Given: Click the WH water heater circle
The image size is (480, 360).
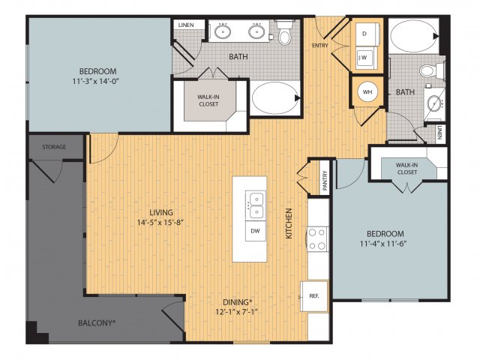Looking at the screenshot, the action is coord(367,91).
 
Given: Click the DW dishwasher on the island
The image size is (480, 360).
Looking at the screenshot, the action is coord(255,231).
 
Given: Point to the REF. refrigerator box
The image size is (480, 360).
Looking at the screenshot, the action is coord(314,296).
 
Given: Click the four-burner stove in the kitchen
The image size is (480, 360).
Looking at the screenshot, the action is coord(317,239).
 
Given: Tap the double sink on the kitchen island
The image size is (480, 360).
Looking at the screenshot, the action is coord(255,205).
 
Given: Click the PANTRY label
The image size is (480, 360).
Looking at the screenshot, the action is coord(325,181).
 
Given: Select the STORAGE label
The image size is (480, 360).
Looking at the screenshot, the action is coord(54,147).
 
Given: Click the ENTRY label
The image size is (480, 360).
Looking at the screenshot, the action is coord(320,46).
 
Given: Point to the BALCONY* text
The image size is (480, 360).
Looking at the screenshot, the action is coord(97,322).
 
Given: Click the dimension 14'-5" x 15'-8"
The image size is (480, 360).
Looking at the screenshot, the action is coord(160,223).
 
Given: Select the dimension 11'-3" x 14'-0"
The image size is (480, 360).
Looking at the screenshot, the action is coord(96,82).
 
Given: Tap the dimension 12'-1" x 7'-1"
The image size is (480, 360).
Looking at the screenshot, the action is coord(237,312).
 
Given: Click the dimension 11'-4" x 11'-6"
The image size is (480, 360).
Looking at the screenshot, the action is coord(383,244).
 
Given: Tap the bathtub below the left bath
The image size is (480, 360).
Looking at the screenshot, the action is coord(275,98).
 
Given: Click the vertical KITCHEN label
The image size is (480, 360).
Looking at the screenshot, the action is coord(289,223).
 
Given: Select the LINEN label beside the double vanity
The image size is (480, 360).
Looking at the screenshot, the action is coord(186,25).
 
